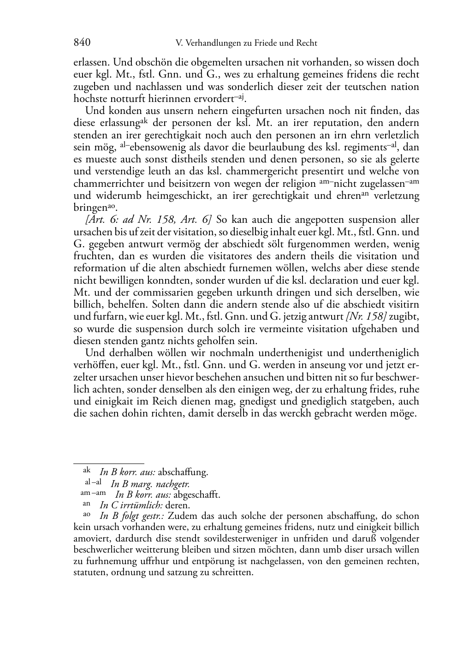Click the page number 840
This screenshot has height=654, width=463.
[x=82, y=43]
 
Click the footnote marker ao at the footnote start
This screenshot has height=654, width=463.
[x=86, y=515]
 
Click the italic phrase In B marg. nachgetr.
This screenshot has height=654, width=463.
[x=150, y=484]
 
